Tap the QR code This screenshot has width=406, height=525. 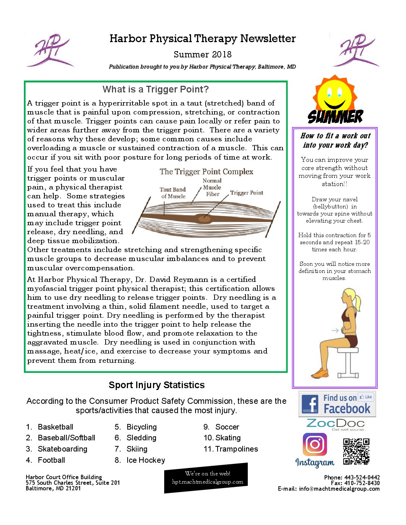point(356,452)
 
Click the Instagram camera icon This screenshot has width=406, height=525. point(315,444)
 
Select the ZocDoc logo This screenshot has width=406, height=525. point(335,424)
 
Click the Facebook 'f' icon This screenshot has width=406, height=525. point(310,404)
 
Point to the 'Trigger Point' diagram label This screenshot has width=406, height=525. point(246,193)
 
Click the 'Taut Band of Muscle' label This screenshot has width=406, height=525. point(173,193)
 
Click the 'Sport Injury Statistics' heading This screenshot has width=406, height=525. point(156,385)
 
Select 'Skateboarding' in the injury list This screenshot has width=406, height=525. point(62,449)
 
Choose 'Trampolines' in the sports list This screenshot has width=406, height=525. point(236,449)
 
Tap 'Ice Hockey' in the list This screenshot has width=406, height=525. point(146,460)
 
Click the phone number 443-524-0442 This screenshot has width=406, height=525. point(362,477)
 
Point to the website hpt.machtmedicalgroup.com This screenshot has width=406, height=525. point(207,482)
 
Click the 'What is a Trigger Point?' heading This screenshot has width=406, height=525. point(156,89)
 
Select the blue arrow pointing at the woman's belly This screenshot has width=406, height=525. point(335,330)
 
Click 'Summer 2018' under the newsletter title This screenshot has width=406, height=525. point(203,54)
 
